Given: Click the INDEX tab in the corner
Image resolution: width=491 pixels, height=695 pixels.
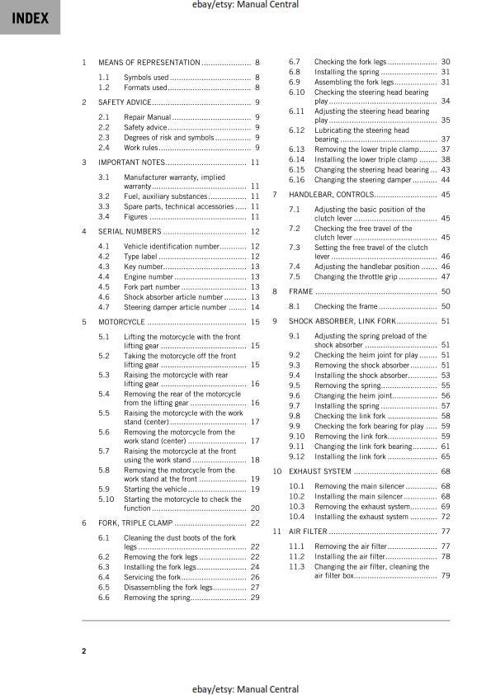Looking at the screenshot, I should pyautogui.click(x=30, y=18).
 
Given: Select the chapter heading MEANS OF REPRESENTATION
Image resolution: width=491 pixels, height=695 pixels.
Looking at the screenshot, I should pyautogui.click(x=149, y=63).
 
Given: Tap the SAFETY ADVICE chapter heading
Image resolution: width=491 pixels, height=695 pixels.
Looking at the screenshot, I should pyautogui.click(x=125, y=102).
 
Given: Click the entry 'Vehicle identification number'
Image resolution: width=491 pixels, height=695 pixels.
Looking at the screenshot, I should pyautogui.click(x=172, y=246).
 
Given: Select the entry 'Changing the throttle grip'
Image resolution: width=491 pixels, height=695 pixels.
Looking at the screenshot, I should pyautogui.click(x=357, y=277).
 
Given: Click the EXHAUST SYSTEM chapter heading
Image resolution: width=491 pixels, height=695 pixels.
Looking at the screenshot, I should pyautogui.click(x=319, y=471).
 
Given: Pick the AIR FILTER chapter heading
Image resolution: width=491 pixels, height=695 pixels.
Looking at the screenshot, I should pyautogui.click(x=309, y=532).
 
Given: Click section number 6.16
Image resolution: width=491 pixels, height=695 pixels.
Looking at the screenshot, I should pyautogui.click(x=296, y=180).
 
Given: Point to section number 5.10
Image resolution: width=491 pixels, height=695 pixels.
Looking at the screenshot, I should pyautogui.click(x=106, y=499).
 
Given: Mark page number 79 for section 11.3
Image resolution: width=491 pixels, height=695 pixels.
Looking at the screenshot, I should pyautogui.click(x=445, y=576).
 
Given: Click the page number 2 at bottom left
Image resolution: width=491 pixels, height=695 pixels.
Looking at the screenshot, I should pyautogui.click(x=83, y=651).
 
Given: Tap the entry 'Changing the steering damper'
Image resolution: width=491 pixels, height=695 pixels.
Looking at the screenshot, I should pyautogui.click(x=363, y=180).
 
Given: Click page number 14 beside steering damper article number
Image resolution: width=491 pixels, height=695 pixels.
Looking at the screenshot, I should pyautogui.click(x=255, y=307).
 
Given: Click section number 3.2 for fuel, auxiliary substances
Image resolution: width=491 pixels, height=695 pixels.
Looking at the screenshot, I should pyautogui.click(x=104, y=196).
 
